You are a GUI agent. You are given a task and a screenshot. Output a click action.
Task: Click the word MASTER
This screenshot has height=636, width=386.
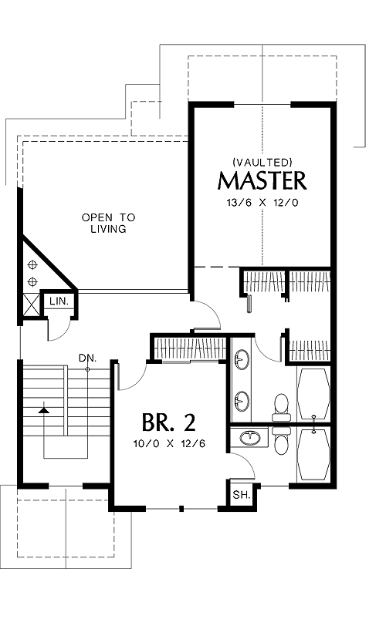point(262,181)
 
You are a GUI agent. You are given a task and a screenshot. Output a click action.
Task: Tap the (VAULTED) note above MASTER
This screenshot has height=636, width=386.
point(262,162)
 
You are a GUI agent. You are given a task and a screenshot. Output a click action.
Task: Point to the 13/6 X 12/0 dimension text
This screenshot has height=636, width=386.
point(262,203)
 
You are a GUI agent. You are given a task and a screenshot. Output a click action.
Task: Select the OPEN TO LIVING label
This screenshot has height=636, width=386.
point(109,223)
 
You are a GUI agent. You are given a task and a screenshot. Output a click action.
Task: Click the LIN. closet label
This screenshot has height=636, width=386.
point(59,301)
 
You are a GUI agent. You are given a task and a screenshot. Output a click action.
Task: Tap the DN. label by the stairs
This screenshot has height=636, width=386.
point(88,358)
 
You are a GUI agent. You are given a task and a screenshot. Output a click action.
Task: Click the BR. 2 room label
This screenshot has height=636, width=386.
point(168,422)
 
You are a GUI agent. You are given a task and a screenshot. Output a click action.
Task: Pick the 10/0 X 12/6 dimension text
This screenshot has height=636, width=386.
point(169,443)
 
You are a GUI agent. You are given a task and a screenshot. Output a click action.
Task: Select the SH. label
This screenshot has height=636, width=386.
point(241,495)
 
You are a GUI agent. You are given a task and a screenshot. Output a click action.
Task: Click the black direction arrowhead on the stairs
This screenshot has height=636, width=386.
point(43,410)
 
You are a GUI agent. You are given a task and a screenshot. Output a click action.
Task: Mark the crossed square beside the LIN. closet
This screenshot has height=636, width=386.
point(32,305)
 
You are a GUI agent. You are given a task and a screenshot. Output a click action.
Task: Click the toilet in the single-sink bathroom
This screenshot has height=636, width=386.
point(281,440)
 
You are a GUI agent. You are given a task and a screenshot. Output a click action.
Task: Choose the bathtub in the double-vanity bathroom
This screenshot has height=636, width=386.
point(313,393)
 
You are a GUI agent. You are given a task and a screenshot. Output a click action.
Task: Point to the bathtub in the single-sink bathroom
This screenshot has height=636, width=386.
point(313,454)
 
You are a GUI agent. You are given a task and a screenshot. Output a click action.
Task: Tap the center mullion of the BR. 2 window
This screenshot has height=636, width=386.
point(181,508)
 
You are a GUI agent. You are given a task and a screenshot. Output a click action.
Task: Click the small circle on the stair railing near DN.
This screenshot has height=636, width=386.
point(87,369)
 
